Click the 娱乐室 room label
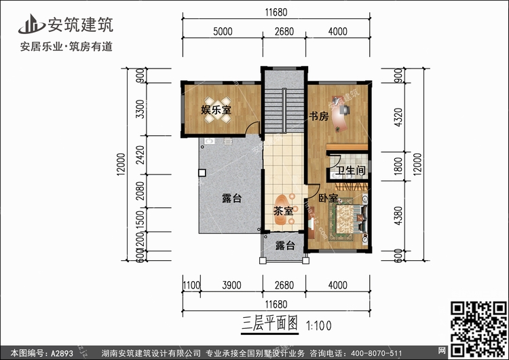click(216, 109)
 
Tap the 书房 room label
click(319, 116)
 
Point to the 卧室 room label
click(328, 198)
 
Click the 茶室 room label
click(284, 211)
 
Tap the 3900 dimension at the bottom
click(232, 285)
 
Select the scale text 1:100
click(318, 325)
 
